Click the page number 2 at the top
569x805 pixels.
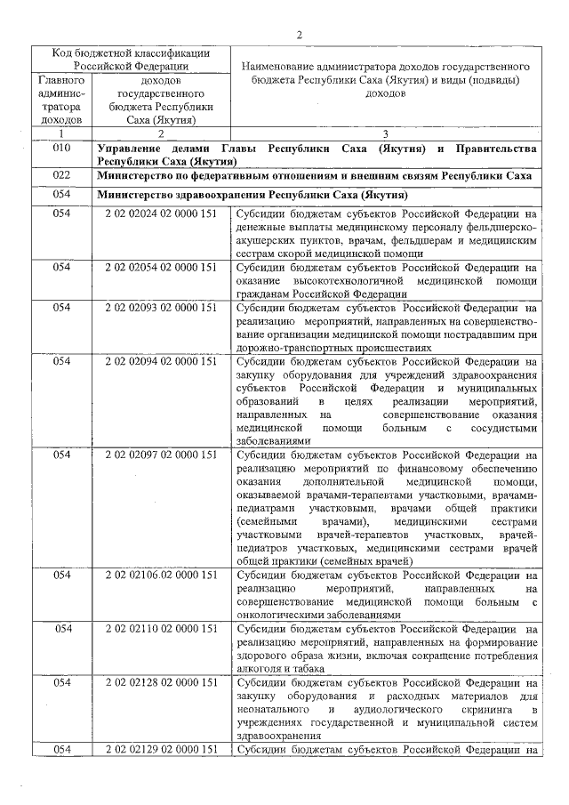300,34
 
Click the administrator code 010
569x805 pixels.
61,148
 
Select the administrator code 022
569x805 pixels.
61,175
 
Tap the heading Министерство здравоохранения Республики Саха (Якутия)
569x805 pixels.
252,194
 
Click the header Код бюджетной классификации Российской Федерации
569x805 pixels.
130,59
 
